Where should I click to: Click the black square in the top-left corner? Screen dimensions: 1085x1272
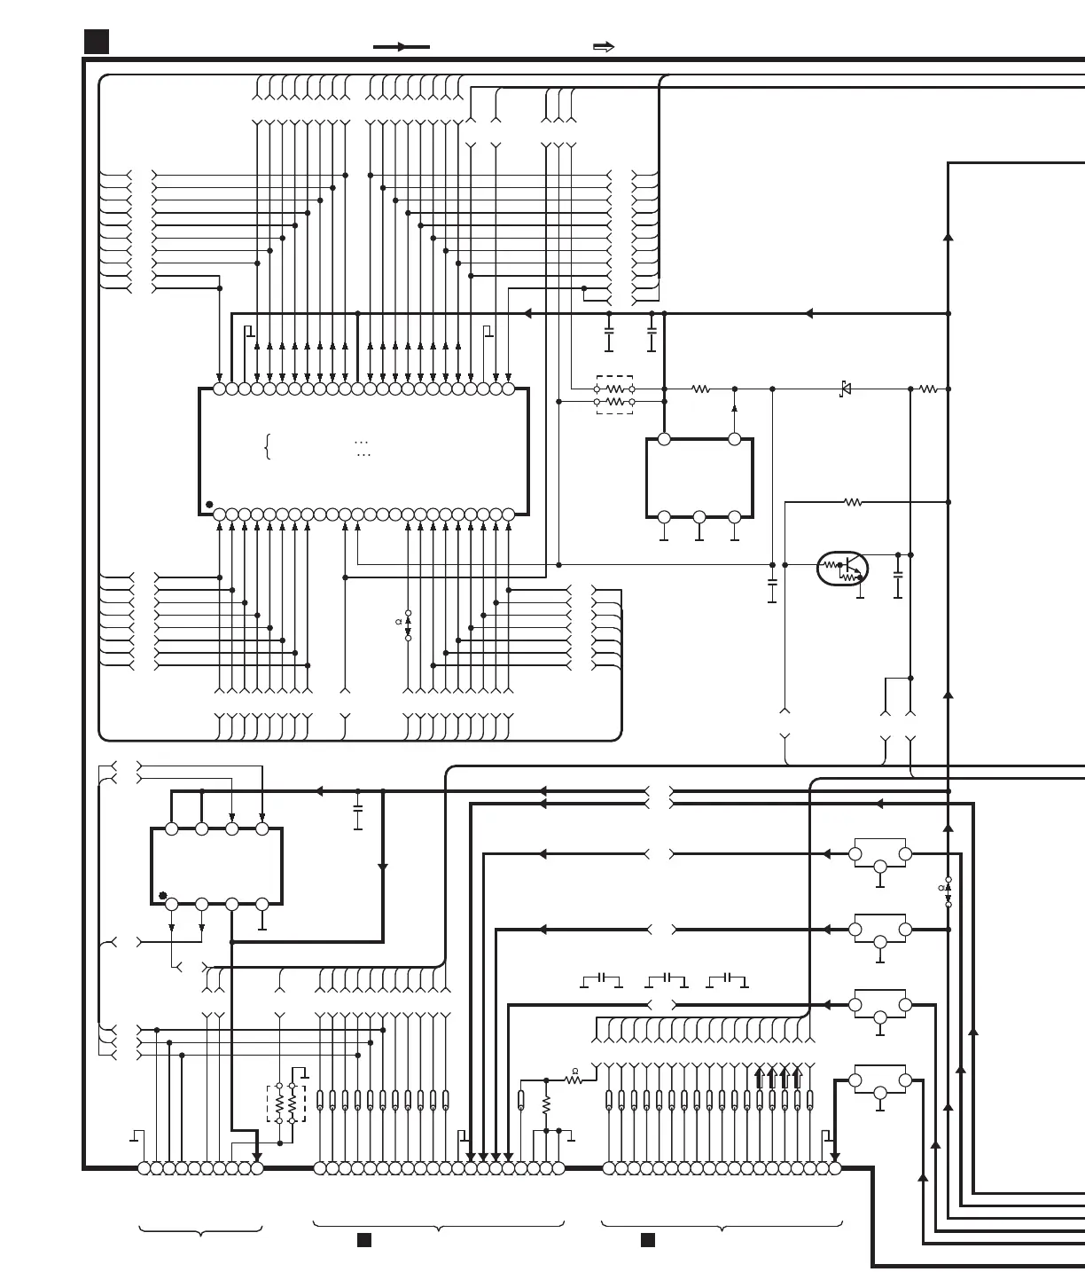pyautogui.click(x=97, y=42)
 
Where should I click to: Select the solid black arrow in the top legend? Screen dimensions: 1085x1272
pyautogui.click(x=402, y=47)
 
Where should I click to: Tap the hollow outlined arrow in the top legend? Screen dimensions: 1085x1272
pyautogui.click(x=604, y=47)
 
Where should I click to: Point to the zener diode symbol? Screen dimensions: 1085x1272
pyautogui.click(x=846, y=389)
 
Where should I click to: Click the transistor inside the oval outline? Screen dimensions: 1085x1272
pyautogui.click(x=843, y=569)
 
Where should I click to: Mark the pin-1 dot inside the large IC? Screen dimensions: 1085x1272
pyautogui.click(x=209, y=505)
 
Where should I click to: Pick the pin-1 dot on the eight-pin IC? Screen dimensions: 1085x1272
pyautogui.click(x=163, y=896)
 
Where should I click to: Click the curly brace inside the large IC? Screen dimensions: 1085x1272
pyautogui.click(x=267, y=446)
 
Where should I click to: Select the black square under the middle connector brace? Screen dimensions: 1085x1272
pyautogui.click(x=363, y=1240)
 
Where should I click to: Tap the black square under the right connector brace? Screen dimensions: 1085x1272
pyautogui.click(x=648, y=1240)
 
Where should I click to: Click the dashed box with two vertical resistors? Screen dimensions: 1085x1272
pyautogui.click(x=286, y=1103)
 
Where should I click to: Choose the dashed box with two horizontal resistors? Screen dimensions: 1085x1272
pyautogui.click(x=614, y=395)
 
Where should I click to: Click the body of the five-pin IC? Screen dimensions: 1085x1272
pyautogui.click(x=699, y=477)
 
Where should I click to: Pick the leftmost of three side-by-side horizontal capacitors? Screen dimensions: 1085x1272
pyautogui.click(x=601, y=978)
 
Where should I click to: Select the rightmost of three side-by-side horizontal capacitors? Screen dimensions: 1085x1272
pyautogui.click(x=728, y=978)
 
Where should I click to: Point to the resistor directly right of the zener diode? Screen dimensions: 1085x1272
pyautogui.click(x=928, y=389)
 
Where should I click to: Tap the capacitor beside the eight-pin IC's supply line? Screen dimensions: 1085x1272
pyautogui.click(x=358, y=808)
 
